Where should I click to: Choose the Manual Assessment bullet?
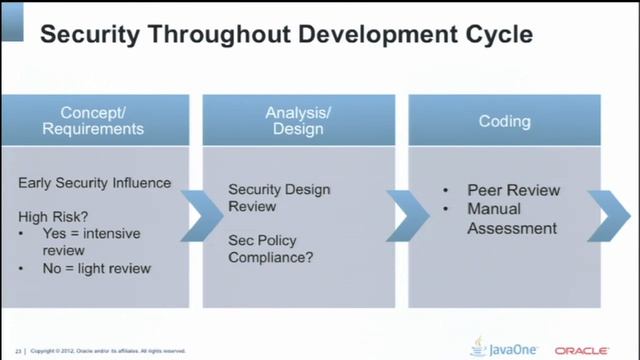tap(511, 219)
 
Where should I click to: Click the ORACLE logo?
tap(582, 350)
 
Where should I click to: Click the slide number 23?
tap(18, 351)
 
